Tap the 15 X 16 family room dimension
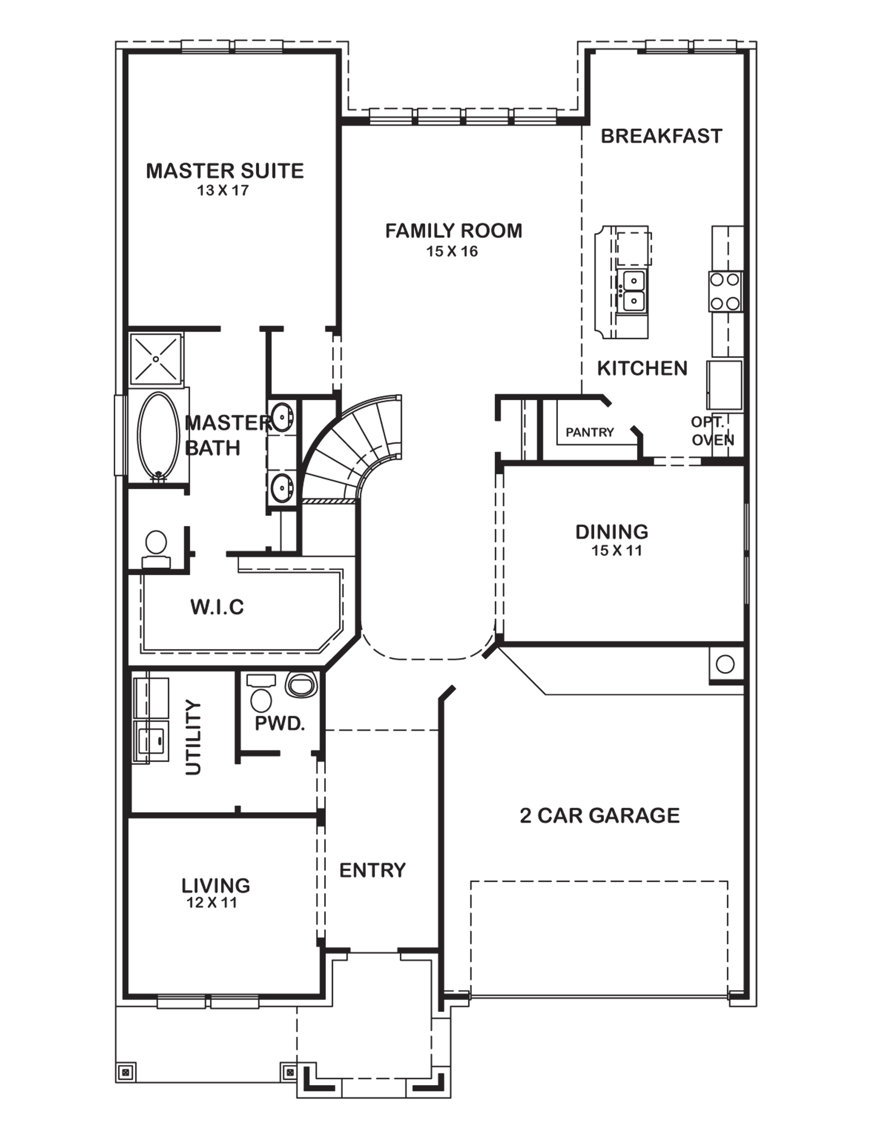(x=452, y=252)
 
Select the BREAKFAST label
(x=661, y=136)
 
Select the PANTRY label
(x=590, y=432)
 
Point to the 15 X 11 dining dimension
(x=617, y=550)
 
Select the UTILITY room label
(x=193, y=738)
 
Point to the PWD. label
(x=280, y=723)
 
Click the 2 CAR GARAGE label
(x=599, y=816)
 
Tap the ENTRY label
(x=372, y=871)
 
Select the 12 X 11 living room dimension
(x=212, y=903)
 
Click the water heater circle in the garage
(x=725, y=664)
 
